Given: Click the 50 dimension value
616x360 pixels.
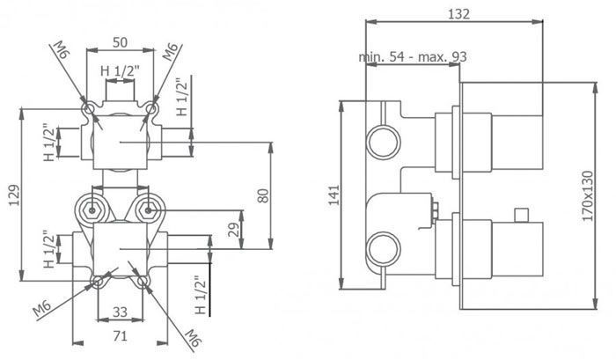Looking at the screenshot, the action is click(120, 42).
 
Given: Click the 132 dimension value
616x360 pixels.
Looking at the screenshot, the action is click(458, 14).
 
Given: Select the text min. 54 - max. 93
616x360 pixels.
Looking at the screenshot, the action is click(413, 57).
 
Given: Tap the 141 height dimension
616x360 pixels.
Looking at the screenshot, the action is click(334, 195).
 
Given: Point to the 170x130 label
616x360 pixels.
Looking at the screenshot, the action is click(587, 195).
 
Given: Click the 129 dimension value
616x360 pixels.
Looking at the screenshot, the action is click(14, 195).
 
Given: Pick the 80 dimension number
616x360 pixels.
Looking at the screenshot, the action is click(264, 195).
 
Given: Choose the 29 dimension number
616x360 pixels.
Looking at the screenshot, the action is click(233, 230).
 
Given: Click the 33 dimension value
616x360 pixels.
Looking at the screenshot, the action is click(120, 312).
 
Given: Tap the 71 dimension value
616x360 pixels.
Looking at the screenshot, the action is click(120, 336).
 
